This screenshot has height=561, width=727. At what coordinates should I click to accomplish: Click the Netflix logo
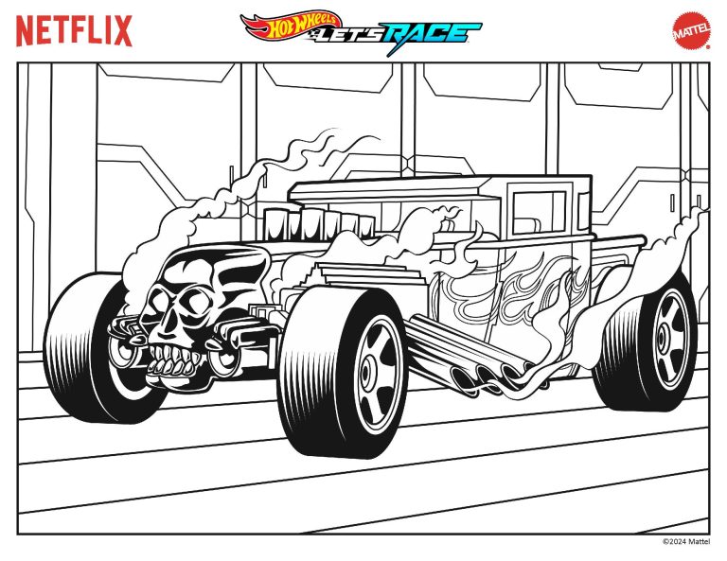[74, 31]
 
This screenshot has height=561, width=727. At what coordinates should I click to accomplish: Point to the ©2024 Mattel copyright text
[685, 542]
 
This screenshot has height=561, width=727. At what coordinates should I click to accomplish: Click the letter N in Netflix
[27, 31]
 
